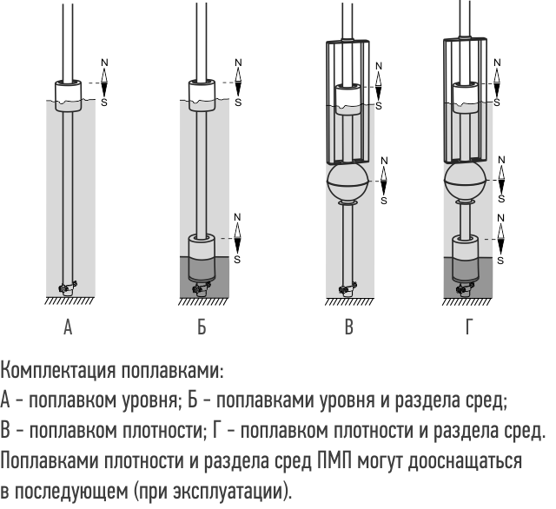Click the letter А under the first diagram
[x=68, y=327]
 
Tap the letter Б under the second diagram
[x=202, y=327]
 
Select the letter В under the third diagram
[x=349, y=327]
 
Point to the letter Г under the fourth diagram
[x=468, y=327]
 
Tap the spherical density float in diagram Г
[x=465, y=182]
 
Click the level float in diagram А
[x=68, y=96]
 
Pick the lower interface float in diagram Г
[x=466, y=260]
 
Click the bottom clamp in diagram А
[x=68, y=288]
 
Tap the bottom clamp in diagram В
[x=347, y=289]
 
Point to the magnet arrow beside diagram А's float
[x=104, y=83]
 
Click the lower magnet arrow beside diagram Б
[x=237, y=238]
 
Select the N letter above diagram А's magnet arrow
[x=104, y=63]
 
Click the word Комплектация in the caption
[x=58, y=371]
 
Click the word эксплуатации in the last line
[x=229, y=492]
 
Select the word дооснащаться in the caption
[x=465, y=461]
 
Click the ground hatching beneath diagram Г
[x=467, y=301]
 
